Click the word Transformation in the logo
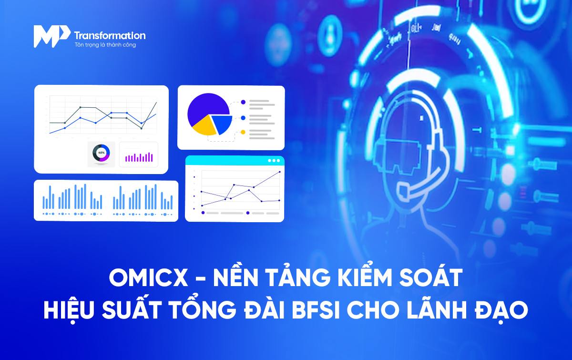coord(110,35)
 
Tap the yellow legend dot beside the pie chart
coord(243,132)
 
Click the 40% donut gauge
coord(102,153)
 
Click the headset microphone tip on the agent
coord(403,190)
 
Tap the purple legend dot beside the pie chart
coord(243,102)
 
